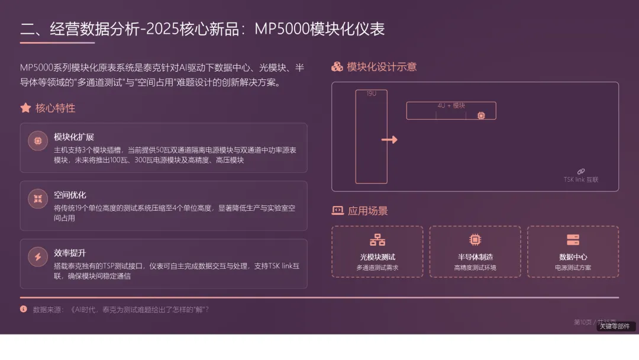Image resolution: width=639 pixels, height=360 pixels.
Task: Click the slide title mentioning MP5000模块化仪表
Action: (x=202, y=29)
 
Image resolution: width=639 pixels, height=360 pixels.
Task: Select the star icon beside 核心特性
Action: (x=25, y=108)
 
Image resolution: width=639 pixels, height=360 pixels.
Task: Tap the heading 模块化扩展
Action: (x=74, y=137)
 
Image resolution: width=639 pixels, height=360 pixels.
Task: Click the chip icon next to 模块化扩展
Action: (x=38, y=141)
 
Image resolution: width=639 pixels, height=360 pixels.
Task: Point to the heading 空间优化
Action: (x=70, y=195)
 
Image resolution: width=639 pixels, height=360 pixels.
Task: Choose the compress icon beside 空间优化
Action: (x=38, y=199)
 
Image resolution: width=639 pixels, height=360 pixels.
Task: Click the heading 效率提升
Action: (x=70, y=253)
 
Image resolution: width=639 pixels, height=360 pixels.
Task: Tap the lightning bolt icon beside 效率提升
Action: (x=38, y=257)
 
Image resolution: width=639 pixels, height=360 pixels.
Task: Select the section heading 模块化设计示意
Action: (x=382, y=67)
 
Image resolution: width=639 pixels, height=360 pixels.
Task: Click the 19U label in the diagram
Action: (x=372, y=94)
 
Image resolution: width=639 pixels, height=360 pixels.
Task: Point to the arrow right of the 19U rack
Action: (x=389, y=140)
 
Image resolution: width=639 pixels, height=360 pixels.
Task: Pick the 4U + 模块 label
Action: (x=451, y=105)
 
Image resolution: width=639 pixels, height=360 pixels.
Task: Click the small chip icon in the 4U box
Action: (x=481, y=115)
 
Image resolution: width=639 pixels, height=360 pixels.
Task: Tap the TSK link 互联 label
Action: (x=580, y=179)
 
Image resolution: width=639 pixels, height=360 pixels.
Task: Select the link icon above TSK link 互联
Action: (x=581, y=171)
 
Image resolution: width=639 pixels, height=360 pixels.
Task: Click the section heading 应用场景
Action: (x=367, y=211)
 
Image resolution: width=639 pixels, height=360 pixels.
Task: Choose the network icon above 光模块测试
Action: (x=377, y=240)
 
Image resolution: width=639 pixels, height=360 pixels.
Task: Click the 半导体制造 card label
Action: (x=475, y=257)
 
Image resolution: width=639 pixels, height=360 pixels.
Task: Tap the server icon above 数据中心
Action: (x=573, y=240)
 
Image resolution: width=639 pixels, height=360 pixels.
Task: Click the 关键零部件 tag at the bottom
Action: (x=615, y=326)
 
